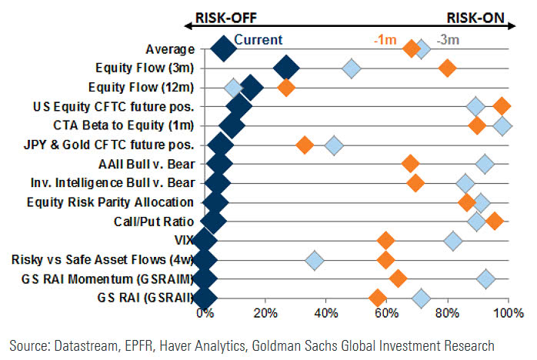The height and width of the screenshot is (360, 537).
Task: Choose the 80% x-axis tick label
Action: click(447, 313)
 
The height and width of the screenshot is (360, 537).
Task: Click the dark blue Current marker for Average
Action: click(223, 49)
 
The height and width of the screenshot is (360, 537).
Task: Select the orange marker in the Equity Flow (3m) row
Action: click(447, 68)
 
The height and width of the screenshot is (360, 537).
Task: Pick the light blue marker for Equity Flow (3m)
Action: click(351, 68)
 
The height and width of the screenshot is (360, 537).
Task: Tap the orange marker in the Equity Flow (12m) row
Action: click(285, 87)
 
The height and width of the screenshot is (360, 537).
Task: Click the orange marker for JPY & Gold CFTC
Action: click(305, 145)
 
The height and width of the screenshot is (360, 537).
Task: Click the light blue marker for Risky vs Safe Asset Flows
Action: click(314, 260)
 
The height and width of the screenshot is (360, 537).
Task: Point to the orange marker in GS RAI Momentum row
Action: click(398, 278)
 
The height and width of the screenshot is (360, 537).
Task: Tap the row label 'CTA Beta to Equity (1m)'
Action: click(124, 125)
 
